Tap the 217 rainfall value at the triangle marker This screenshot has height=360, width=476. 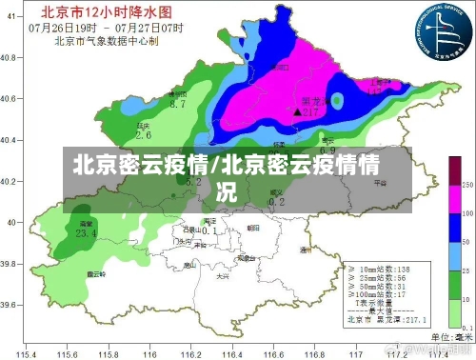coord(308,111)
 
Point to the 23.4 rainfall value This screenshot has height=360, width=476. coord(87,233)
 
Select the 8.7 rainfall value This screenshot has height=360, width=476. coord(177,104)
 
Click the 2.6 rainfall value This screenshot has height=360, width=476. coord(144,136)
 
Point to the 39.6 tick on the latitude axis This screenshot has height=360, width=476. coord(10,305)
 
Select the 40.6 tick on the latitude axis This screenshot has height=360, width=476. coord(10,99)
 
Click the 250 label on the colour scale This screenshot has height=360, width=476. coord(467,184)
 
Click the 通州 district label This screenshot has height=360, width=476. coord(305,250)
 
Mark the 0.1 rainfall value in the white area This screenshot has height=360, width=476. coord(210,230)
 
